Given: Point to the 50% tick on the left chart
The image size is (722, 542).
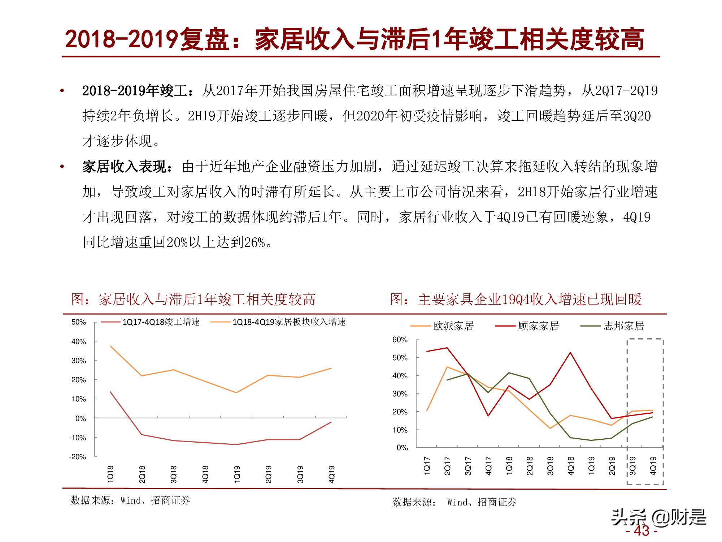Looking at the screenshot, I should click(x=79, y=322).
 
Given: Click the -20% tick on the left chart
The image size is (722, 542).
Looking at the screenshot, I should click(x=78, y=457).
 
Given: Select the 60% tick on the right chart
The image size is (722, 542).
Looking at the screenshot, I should click(x=400, y=340).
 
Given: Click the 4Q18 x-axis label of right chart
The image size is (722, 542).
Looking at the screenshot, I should click(x=571, y=465).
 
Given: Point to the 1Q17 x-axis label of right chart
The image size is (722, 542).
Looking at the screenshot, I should click(x=427, y=465).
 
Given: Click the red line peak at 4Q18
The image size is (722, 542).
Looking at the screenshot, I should click(x=570, y=353).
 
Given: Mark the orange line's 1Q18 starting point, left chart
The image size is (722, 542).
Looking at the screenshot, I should click(x=110, y=346).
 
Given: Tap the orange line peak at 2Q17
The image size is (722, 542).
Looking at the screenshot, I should click(x=447, y=367).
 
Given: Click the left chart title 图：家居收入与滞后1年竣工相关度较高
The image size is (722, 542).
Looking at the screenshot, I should click(x=193, y=300).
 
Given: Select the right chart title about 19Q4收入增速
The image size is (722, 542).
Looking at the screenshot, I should click(x=516, y=300).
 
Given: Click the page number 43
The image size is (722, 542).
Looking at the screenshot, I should click(x=641, y=531).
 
